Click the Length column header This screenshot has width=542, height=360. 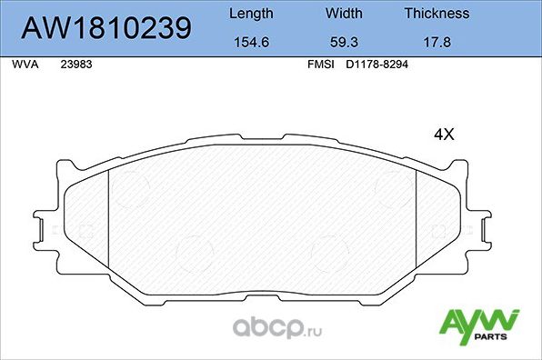(x=249, y=14)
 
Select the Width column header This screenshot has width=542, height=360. (x=344, y=14)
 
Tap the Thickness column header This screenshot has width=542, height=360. (x=437, y=14)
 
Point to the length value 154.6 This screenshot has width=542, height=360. (x=249, y=41)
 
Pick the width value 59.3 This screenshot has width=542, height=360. (x=344, y=41)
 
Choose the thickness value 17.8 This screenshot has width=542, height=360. (x=437, y=41)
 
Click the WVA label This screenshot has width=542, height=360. (x=24, y=65)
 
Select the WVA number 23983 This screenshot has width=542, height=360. (x=75, y=65)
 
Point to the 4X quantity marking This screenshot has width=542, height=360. (x=443, y=134)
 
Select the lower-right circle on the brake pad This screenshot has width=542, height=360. (x=327, y=251)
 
